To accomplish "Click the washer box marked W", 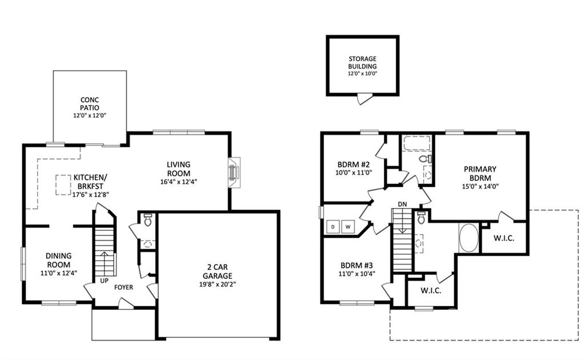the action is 348,226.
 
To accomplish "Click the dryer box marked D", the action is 333,226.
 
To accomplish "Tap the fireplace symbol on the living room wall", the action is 234,173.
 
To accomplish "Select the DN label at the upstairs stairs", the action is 402,204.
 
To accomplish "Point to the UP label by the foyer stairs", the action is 104,280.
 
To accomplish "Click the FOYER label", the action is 123,287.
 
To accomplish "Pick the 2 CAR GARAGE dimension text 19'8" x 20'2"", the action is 218,284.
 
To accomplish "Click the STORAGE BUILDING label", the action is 363,62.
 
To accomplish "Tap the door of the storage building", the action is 364,99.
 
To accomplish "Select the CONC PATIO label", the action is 90,103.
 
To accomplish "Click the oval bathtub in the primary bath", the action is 468,238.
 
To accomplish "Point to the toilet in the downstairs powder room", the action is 148,220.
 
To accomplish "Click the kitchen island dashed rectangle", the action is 63,185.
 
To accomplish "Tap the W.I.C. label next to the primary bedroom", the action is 504,238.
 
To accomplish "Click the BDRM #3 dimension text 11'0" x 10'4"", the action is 356,274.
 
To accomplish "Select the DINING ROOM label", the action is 59,260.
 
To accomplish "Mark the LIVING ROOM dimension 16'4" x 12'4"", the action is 179,182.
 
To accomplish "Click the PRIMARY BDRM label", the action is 480,174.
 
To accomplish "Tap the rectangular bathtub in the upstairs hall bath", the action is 417,143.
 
